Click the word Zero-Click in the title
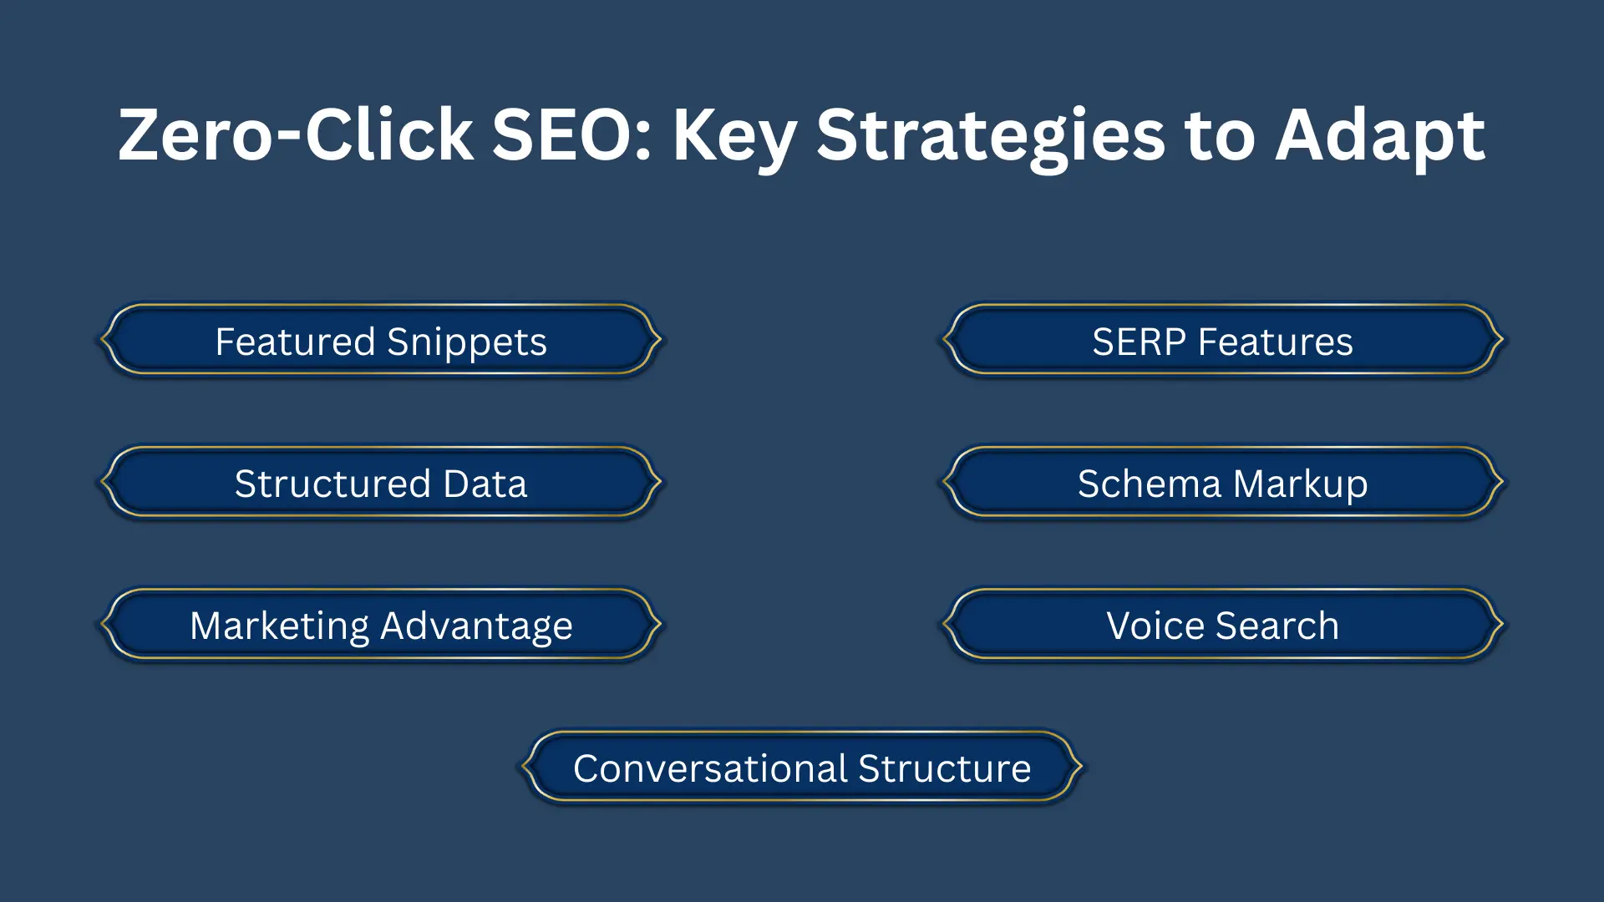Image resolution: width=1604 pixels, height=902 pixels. coord(296,135)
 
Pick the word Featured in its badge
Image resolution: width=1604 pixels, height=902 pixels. coord(295,342)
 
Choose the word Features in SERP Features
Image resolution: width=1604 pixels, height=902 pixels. coord(1275,342)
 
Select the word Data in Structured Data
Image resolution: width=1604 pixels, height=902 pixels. coord(485,484)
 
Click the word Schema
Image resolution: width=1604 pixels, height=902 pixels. coord(1149,484)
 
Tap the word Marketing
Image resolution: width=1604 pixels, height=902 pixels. coord(279,626)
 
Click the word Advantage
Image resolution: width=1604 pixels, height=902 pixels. coord(476,626)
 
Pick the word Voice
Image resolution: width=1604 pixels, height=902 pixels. coord(1155,626)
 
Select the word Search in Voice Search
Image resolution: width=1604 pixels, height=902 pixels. coord(1277,626)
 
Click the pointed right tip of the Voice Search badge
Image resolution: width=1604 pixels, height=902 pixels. coord(1501,623)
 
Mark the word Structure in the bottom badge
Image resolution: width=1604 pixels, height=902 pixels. coord(944,768)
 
